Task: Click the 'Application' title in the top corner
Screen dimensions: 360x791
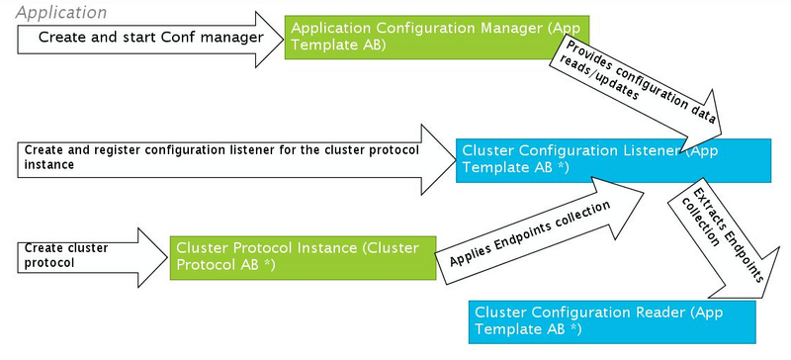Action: [60, 12]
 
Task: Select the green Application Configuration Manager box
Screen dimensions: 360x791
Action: [415, 37]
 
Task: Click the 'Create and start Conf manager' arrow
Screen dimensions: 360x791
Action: [148, 38]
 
